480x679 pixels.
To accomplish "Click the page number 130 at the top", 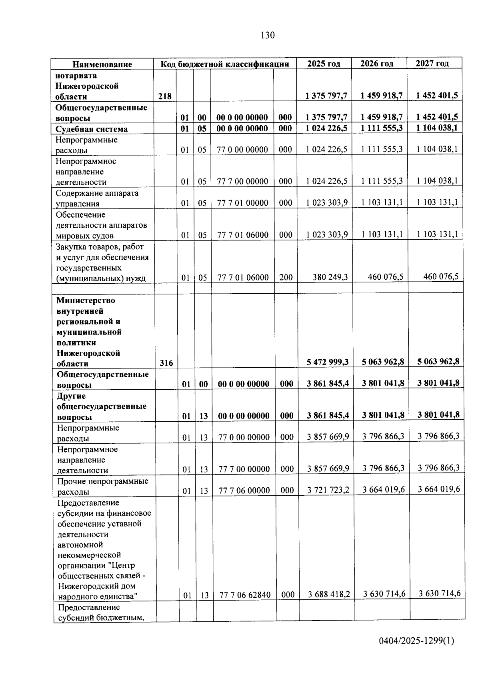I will pyautogui.click(x=268, y=35).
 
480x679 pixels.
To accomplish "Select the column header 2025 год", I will pyautogui.click(x=324, y=64).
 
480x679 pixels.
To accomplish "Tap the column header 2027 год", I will pyautogui.click(x=432, y=63).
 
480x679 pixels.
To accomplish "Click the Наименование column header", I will pyautogui.click(x=102, y=64).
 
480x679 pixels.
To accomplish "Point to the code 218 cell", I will pyautogui.click(x=165, y=96).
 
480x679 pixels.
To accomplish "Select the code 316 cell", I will pyautogui.click(x=166, y=363).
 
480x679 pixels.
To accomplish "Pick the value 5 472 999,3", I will pyautogui.click(x=328, y=362).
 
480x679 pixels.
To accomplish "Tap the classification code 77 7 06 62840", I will pyautogui.click(x=245, y=595).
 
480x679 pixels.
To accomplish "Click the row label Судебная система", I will pyautogui.click(x=92, y=129).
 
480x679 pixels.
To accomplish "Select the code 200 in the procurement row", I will pyautogui.click(x=286, y=277).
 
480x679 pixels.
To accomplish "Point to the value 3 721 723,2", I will pyautogui.click(x=328, y=490).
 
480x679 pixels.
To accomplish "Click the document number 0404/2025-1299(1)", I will pyautogui.click(x=416, y=641).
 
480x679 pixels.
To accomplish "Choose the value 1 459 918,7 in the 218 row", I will pyautogui.click(x=381, y=96).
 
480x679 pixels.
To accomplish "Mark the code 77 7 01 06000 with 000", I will pyautogui.click(x=243, y=235).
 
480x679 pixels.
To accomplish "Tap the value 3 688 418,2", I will pyautogui.click(x=329, y=595).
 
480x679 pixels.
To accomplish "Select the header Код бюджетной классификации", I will pyautogui.click(x=225, y=64).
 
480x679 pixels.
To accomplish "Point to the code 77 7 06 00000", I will pyautogui.click(x=244, y=490).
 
